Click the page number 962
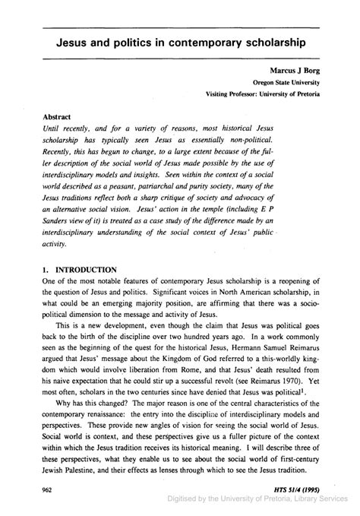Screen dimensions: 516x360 point(46,492)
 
